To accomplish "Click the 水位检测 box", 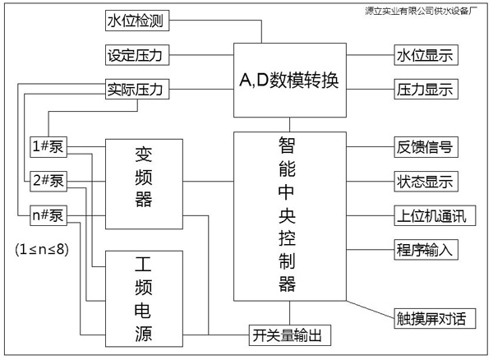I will click(137, 21).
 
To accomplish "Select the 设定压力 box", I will click(137, 56).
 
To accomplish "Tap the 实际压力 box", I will click(137, 88).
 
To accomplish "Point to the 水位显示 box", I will click(425, 56).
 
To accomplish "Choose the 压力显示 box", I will click(425, 88).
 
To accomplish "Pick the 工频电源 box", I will click(143, 301).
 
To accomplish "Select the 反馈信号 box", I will click(426, 147).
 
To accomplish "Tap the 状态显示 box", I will click(426, 182).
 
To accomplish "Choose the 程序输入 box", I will click(426, 250).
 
